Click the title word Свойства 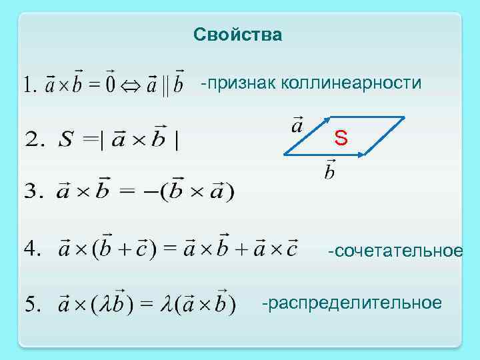238,34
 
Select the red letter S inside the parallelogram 341,139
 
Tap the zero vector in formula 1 110,84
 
